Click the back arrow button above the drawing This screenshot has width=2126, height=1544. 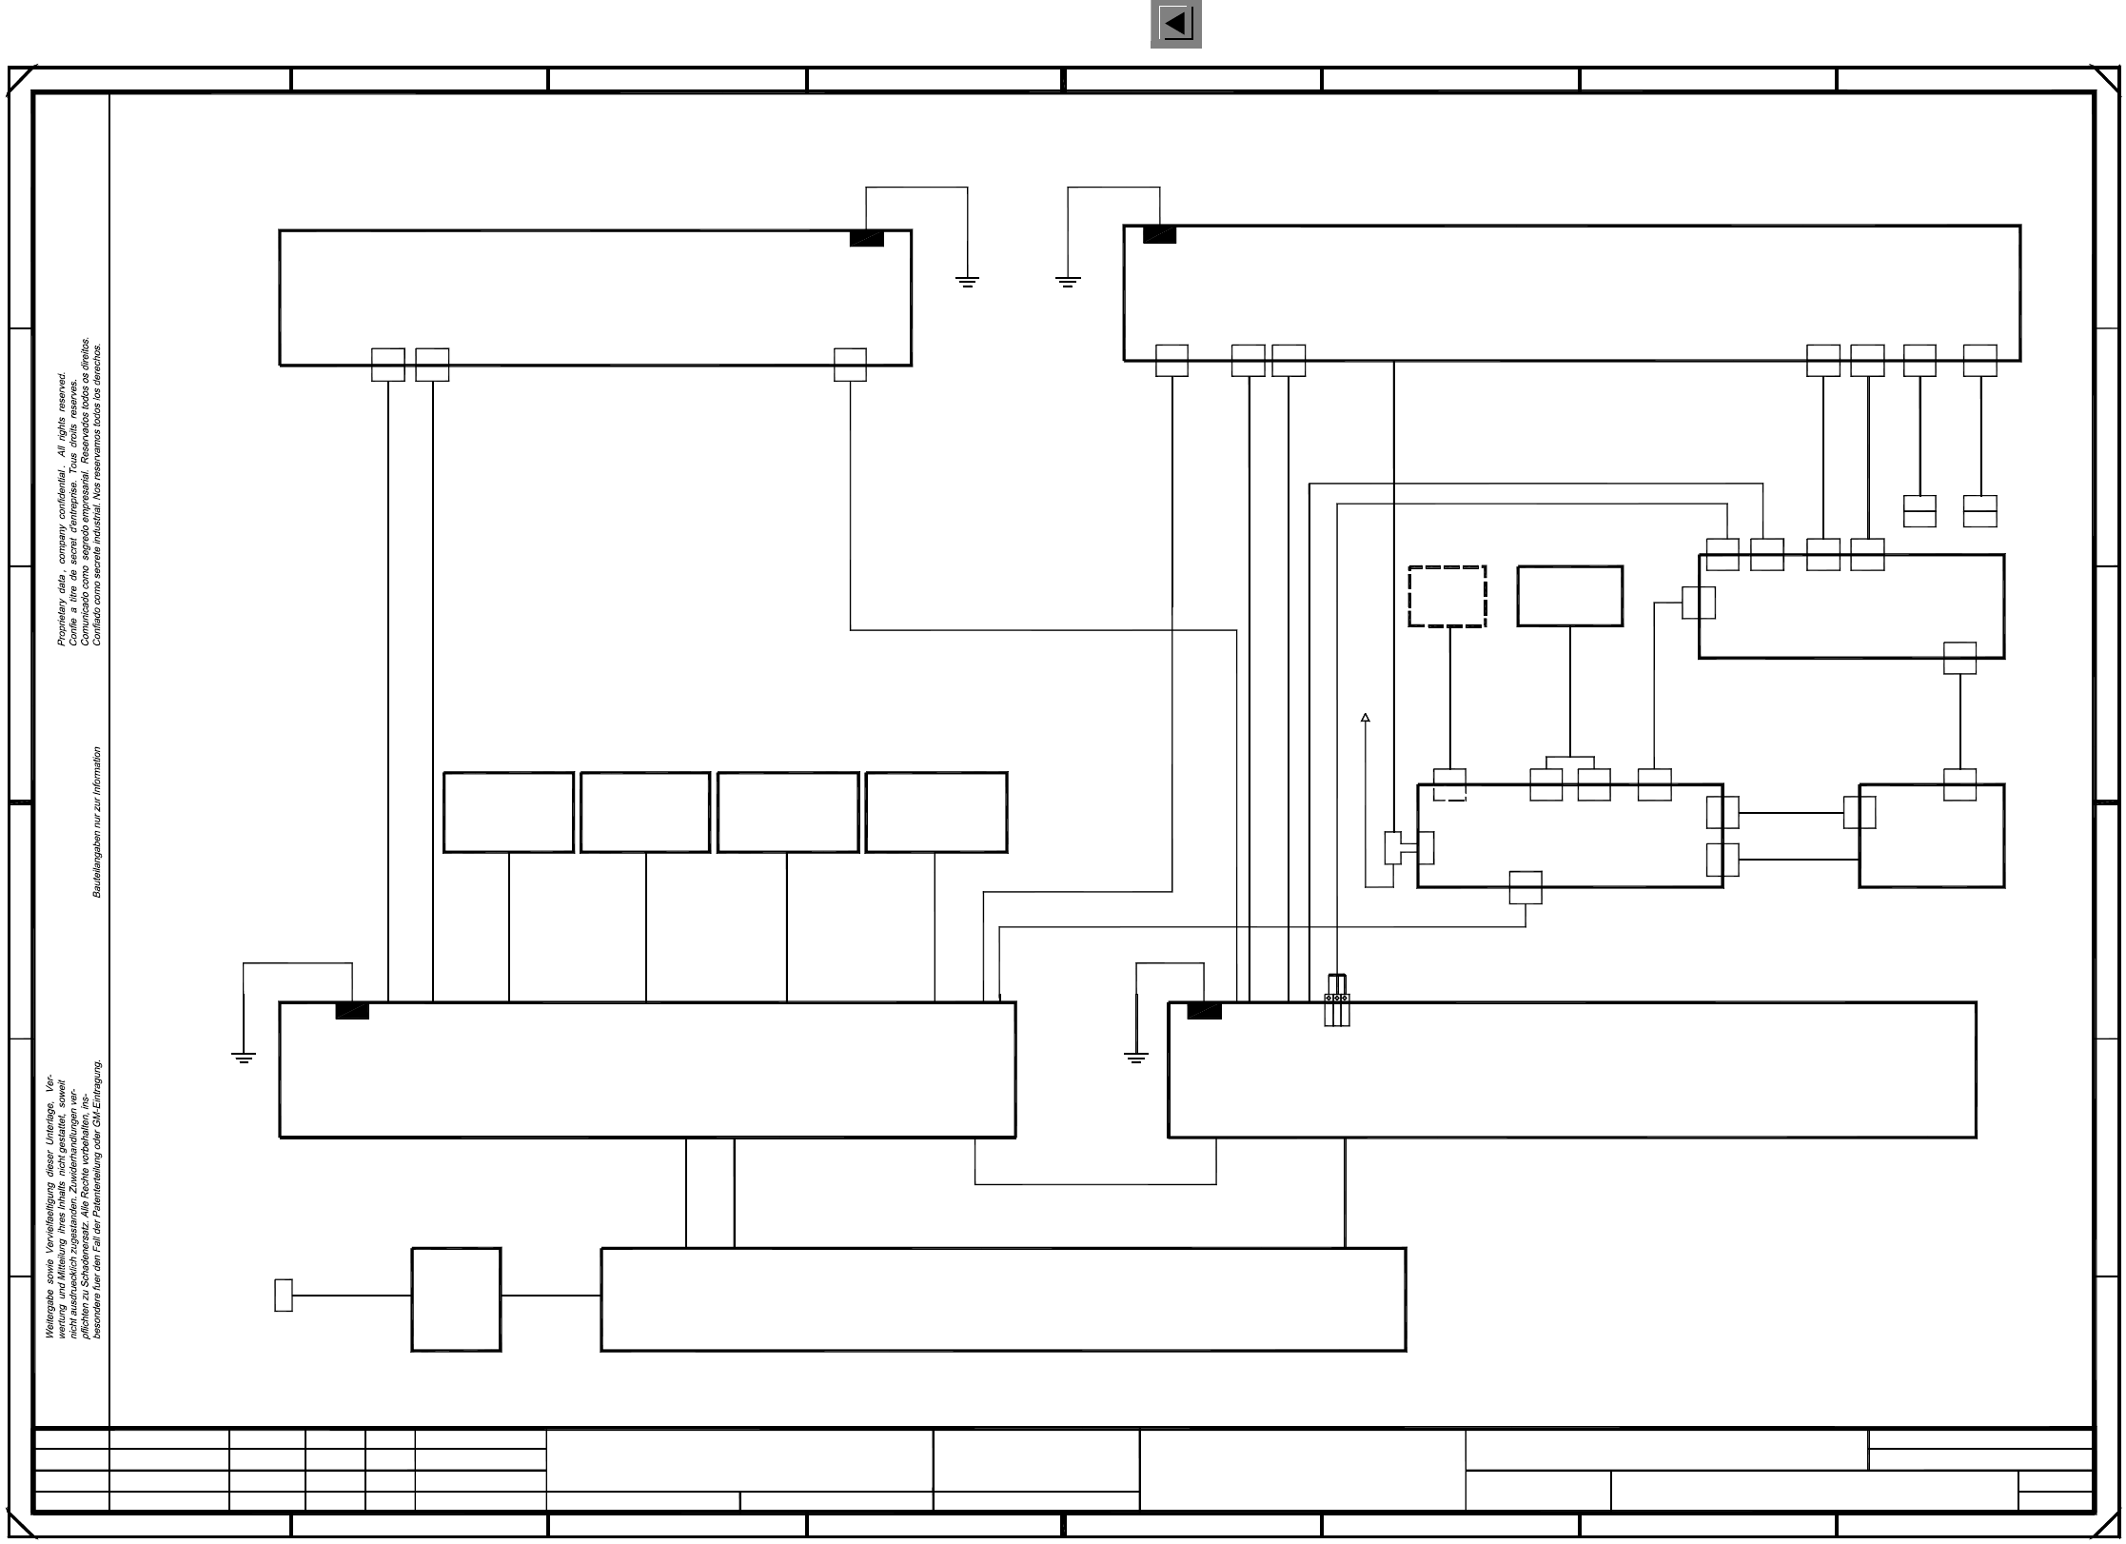(x=1175, y=24)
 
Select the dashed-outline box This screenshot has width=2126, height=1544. (x=1447, y=597)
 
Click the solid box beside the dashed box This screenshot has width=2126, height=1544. (x=1569, y=597)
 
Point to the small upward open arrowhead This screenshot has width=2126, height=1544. (x=1365, y=718)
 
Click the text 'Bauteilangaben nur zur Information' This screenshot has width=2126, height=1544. (x=97, y=822)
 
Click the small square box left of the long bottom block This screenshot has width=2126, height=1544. (x=456, y=1299)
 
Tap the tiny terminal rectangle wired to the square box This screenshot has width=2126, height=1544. (x=284, y=1296)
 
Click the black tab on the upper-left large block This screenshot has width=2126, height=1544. (x=866, y=238)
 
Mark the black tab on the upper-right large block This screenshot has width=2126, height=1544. (x=1159, y=234)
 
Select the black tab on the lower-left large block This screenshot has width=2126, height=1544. (x=352, y=1011)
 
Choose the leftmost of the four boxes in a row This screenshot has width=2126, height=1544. (x=508, y=812)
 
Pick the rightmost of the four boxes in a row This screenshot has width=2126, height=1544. (x=935, y=812)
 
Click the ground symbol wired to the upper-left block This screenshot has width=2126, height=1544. (x=967, y=281)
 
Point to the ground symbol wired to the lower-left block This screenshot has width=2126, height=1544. (x=244, y=1058)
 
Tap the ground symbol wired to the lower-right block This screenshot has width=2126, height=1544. (x=1136, y=1058)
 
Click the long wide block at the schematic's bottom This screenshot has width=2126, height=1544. (x=1003, y=1299)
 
